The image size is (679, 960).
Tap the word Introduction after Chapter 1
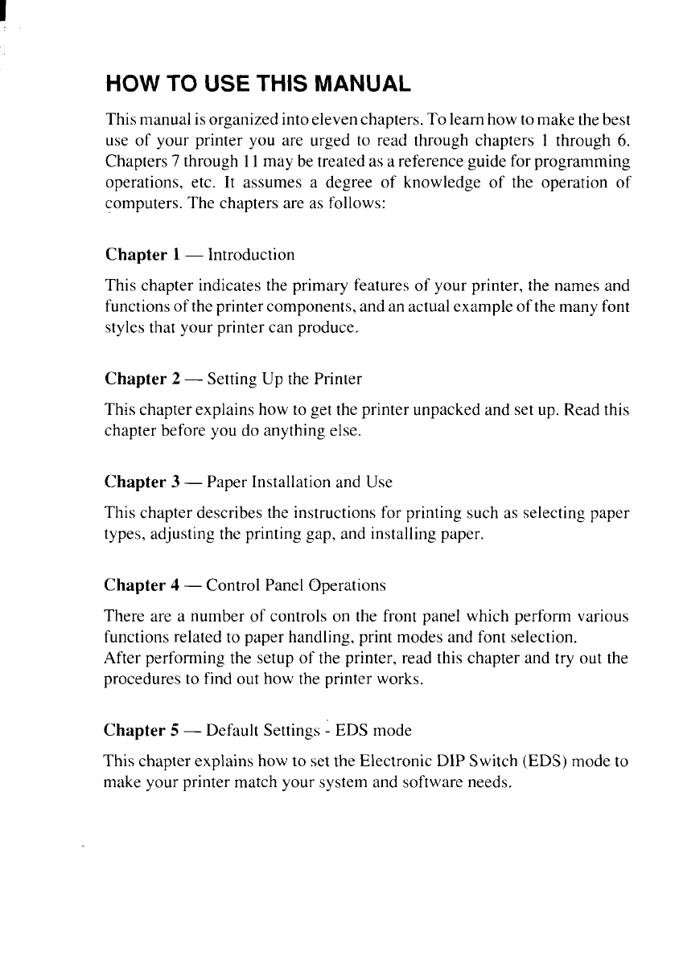click(x=252, y=255)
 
